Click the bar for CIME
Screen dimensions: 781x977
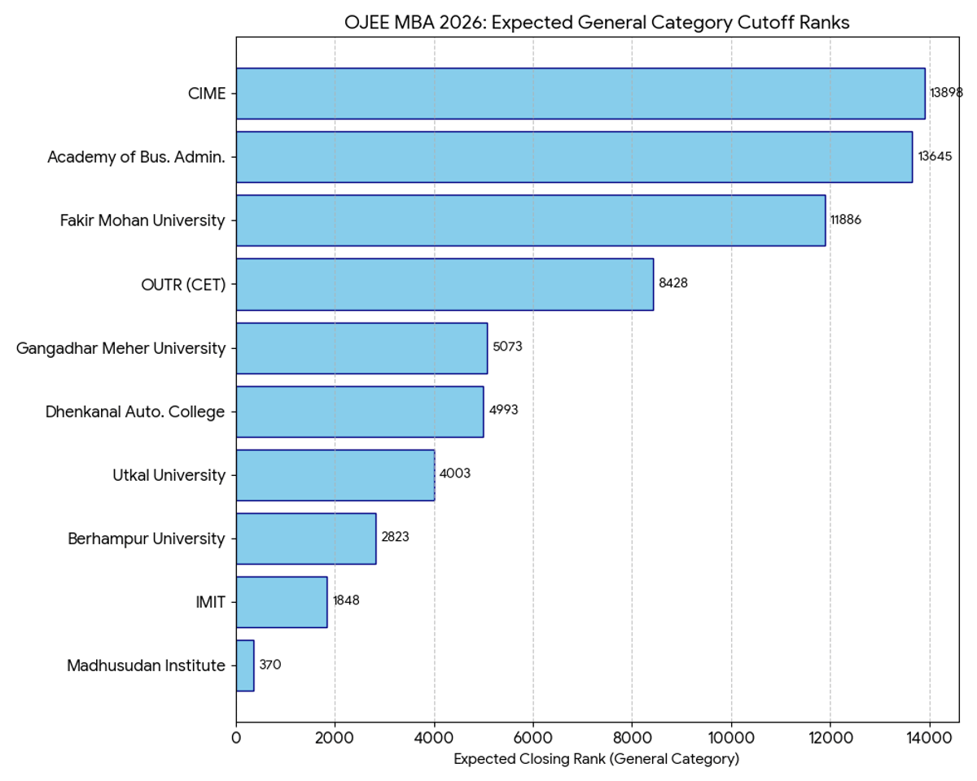coord(581,94)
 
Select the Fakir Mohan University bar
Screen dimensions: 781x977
coord(531,220)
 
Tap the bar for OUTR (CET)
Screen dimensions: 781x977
coord(445,284)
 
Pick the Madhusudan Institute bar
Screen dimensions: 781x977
coord(245,665)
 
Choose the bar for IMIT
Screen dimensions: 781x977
coord(282,602)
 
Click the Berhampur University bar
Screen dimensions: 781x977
coord(306,539)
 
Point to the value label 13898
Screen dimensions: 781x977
coord(946,94)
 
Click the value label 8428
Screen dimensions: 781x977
coord(673,284)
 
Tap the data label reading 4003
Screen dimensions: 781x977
coord(454,474)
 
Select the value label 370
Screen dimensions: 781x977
coord(269,665)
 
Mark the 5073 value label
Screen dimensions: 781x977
coord(507,347)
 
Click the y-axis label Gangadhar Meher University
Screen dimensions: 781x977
coord(120,348)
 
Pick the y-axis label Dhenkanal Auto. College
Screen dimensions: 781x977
coord(135,412)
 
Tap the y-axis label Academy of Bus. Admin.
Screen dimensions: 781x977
coord(136,157)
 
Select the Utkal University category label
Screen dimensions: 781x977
coord(169,475)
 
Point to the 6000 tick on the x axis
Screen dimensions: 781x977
coord(533,738)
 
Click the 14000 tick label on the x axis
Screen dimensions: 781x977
coord(929,738)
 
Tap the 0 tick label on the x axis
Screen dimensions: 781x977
coord(236,738)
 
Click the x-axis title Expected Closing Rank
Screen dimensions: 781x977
coord(596,760)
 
